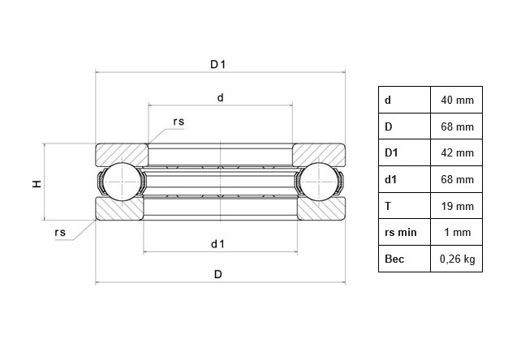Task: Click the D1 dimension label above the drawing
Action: click(x=217, y=64)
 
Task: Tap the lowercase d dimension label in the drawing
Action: click(x=220, y=98)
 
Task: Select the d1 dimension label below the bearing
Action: click(x=217, y=243)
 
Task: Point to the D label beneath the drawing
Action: click(x=217, y=274)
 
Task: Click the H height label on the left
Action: click(x=37, y=184)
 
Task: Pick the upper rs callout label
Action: click(x=179, y=122)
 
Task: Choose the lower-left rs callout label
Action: click(x=60, y=233)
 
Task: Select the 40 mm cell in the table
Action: click(x=457, y=100)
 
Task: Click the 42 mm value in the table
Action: click(x=457, y=152)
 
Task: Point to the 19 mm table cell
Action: click(x=457, y=206)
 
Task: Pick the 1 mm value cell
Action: click(x=457, y=233)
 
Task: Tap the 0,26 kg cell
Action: click(x=457, y=259)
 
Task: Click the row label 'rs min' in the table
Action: click(x=401, y=233)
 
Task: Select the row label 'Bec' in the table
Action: click(x=395, y=259)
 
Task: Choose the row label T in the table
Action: click(x=388, y=206)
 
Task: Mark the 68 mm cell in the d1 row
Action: click(x=457, y=179)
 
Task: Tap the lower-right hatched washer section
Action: click(x=318, y=209)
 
